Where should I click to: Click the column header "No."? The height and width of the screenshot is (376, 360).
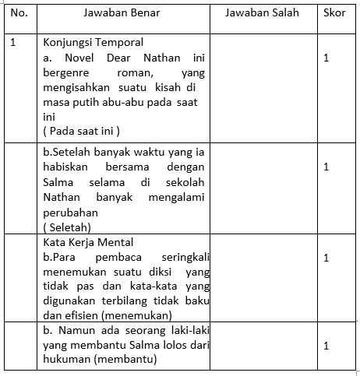19,13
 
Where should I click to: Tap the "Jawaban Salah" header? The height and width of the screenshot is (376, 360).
259,13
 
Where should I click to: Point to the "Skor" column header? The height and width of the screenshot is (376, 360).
335,13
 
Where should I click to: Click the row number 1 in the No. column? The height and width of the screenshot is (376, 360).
13,42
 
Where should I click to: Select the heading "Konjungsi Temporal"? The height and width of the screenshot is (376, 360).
94,42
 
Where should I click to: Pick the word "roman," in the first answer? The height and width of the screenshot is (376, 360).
139,72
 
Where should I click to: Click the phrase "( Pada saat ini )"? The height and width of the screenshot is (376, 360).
82,130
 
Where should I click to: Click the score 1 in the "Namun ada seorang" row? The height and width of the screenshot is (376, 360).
326,346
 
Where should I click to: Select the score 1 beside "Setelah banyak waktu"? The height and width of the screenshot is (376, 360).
326,167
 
